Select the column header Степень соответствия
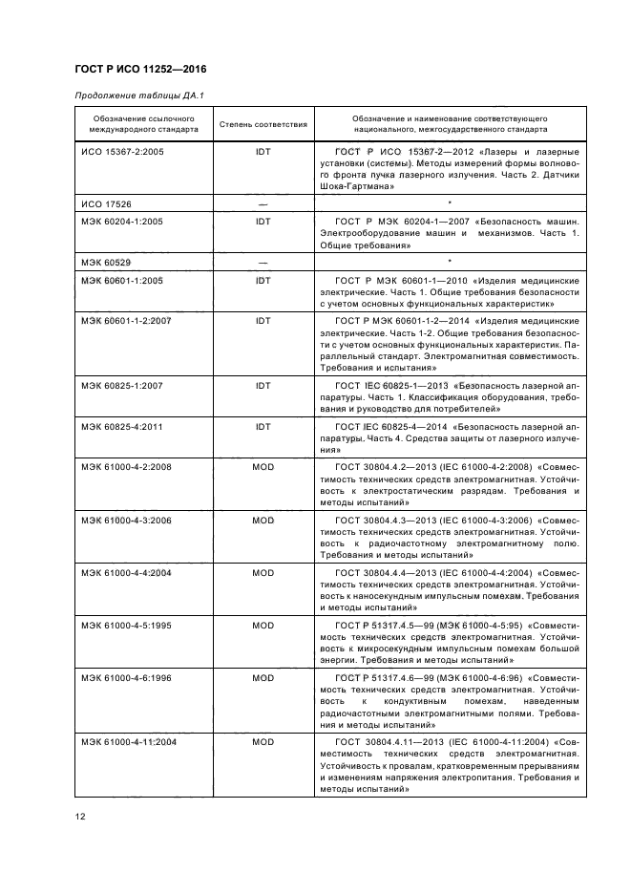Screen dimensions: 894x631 (x=263, y=124)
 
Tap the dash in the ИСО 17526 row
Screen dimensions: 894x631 (x=263, y=204)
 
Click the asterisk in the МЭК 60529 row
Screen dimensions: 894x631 (x=450, y=260)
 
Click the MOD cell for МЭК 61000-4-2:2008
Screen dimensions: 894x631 (x=263, y=468)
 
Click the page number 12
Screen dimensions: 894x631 (x=81, y=817)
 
